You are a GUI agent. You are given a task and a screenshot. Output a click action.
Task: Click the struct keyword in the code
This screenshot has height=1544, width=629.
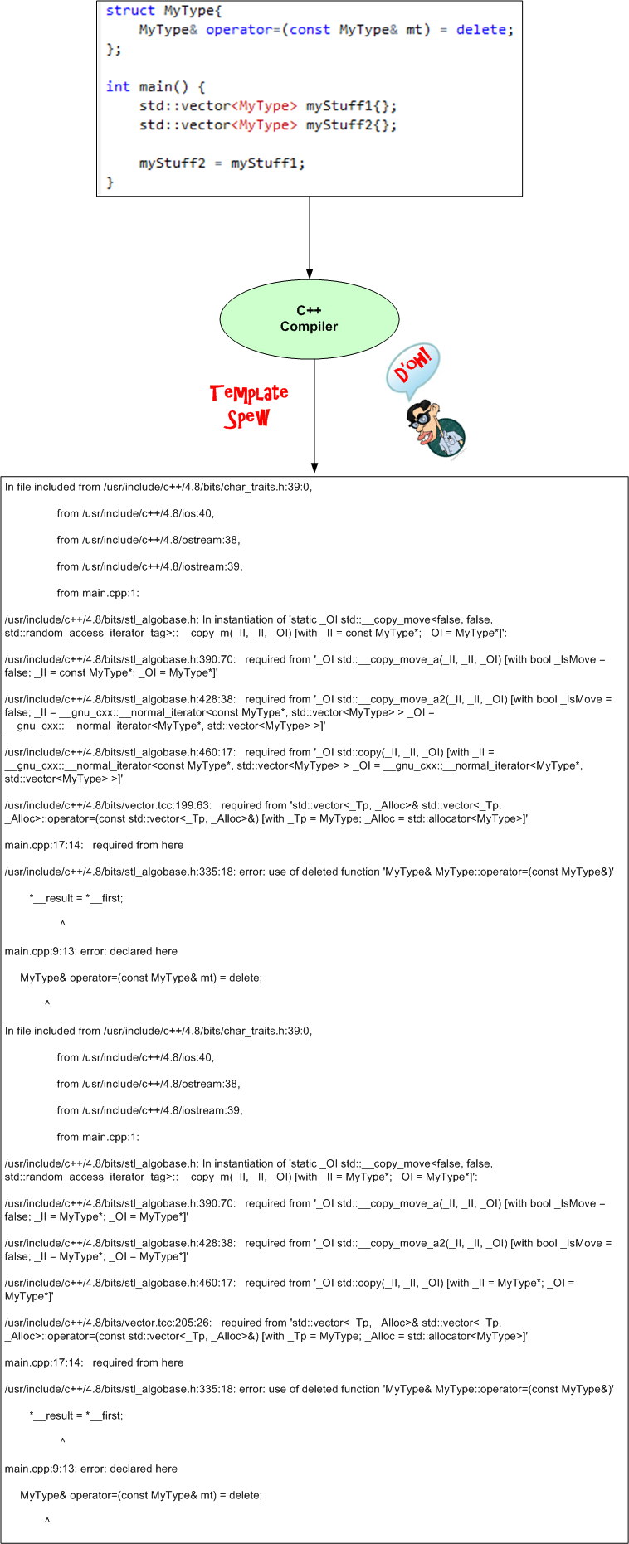130,11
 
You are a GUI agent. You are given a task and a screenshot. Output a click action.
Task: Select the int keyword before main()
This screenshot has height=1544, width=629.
118,87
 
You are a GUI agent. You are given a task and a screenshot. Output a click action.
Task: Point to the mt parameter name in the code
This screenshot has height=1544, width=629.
414,30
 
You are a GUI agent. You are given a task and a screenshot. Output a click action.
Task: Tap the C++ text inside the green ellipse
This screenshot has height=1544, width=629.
309,310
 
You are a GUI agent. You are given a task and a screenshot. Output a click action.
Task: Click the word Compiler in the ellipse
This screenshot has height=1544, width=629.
309,327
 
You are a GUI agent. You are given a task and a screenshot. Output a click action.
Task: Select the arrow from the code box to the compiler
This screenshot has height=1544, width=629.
310,236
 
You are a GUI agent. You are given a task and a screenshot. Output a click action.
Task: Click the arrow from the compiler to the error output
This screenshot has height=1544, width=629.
314,415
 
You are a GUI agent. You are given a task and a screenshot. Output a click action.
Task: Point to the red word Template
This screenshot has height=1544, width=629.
249,393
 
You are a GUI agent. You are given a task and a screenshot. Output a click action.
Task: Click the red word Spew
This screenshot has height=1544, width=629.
247,418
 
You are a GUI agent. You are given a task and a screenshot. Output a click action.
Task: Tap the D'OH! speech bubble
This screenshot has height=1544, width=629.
412,367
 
